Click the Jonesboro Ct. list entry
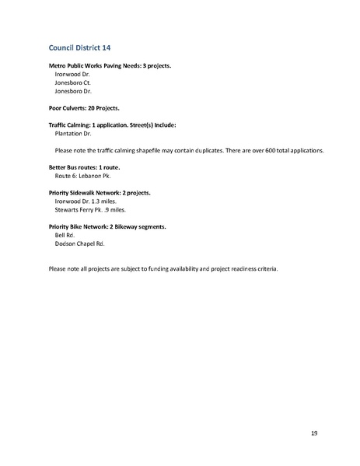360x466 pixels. (x=71, y=82)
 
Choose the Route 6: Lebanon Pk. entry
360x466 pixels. (x=82, y=175)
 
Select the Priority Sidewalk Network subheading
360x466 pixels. (x=100, y=192)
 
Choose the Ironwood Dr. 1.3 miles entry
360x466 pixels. (x=84, y=201)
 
